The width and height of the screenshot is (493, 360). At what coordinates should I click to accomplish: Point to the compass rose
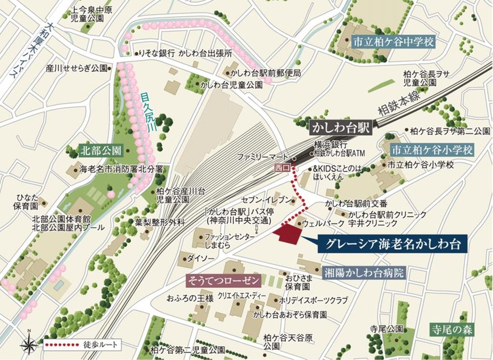(29, 344)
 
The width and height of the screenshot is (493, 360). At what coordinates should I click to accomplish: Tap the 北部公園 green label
(101, 151)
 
